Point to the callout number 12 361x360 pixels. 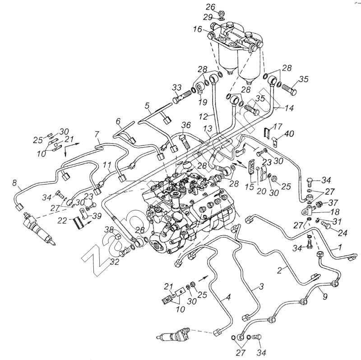pyautogui.click(x=206, y=117)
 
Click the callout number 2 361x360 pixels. pyautogui.click(x=280, y=270)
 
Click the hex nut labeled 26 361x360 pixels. pyautogui.click(x=222, y=13)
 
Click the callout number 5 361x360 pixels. pyautogui.click(x=147, y=107)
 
